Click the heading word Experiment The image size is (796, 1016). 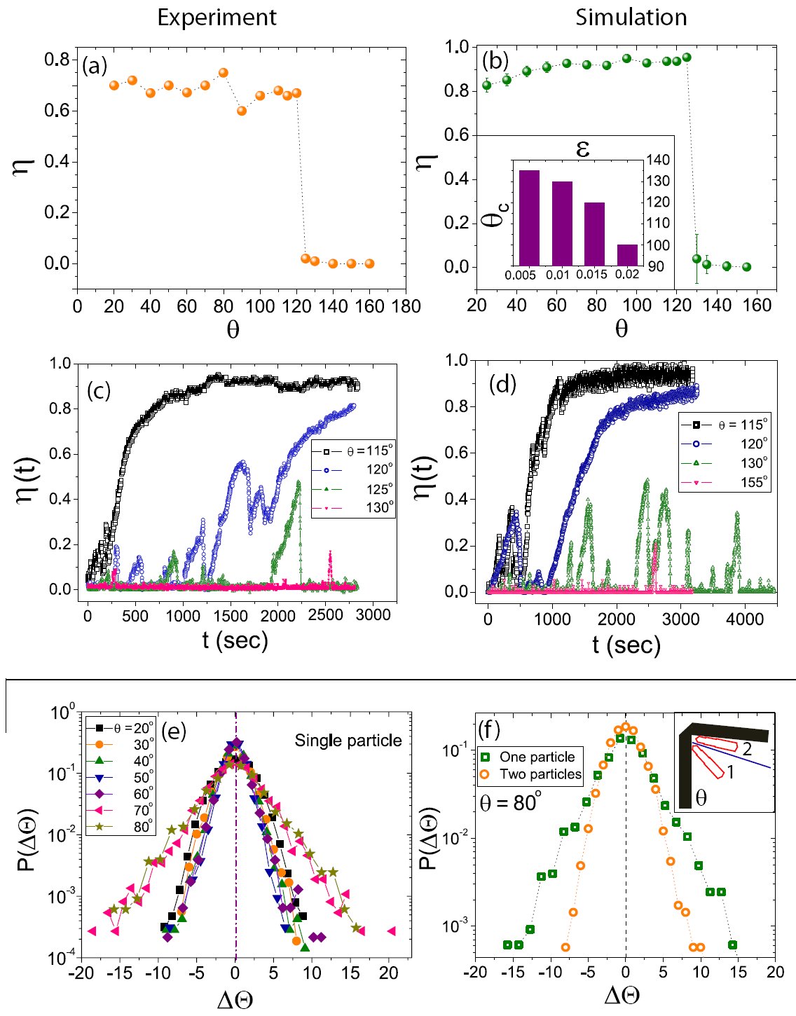217,18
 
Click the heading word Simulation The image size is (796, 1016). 631,18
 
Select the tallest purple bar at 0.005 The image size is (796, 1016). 529,218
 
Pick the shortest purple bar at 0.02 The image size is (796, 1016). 627,255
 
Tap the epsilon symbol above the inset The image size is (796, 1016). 582,148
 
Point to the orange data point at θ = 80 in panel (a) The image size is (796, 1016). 224,73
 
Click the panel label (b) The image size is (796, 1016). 495,60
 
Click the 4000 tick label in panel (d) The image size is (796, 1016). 745,619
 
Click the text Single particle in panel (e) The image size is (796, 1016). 348,741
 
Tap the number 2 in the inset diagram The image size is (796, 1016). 747,749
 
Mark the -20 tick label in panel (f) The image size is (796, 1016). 476,972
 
